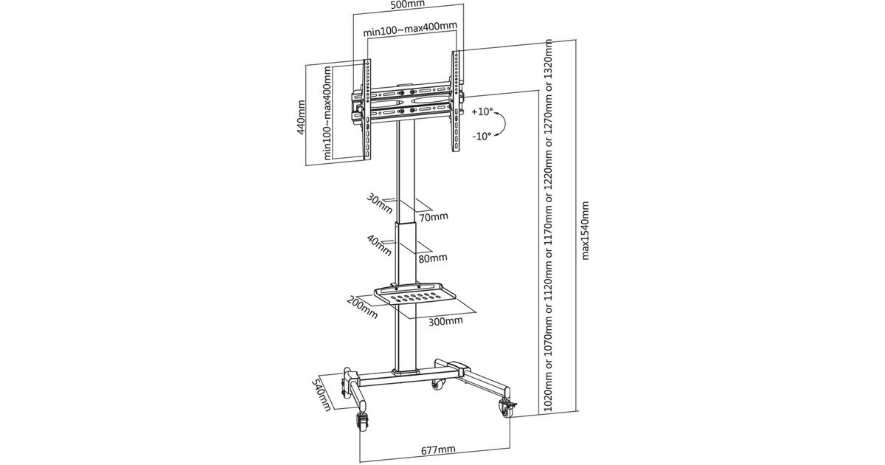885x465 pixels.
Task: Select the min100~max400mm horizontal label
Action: point(410,32)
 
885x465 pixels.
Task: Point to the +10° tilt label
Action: point(481,113)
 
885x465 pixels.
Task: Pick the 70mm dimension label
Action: point(433,216)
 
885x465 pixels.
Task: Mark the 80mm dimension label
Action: point(433,258)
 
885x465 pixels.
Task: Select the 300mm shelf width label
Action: point(445,321)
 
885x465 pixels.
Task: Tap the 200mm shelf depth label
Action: point(362,306)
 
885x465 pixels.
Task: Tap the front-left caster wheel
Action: point(362,423)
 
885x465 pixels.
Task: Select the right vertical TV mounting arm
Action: point(457,103)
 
